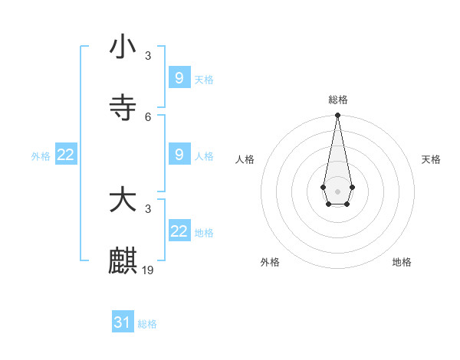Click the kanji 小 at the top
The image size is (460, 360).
(x=123, y=47)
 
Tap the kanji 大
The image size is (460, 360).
(x=123, y=201)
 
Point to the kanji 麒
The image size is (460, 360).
(x=123, y=261)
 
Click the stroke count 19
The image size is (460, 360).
(x=149, y=270)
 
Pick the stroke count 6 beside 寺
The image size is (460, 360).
(x=148, y=116)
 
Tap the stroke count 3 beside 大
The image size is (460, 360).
(x=148, y=208)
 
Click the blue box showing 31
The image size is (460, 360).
(x=123, y=322)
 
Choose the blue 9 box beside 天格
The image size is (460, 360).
(x=179, y=77)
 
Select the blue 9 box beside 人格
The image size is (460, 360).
(x=179, y=154)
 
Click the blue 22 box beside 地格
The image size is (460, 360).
(x=179, y=231)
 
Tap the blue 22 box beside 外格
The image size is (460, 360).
(x=66, y=154)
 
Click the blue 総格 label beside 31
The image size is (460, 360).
(x=147, y=324)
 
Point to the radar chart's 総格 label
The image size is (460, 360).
(x=337, y=100)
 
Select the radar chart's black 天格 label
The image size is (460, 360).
(x=431, y=159)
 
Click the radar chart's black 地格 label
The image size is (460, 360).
(x=402, y=262)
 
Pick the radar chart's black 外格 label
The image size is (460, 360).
(x=270, y=262)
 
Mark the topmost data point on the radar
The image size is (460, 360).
(x=337, y=115)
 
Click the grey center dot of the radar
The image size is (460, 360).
(x=337, y=190)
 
